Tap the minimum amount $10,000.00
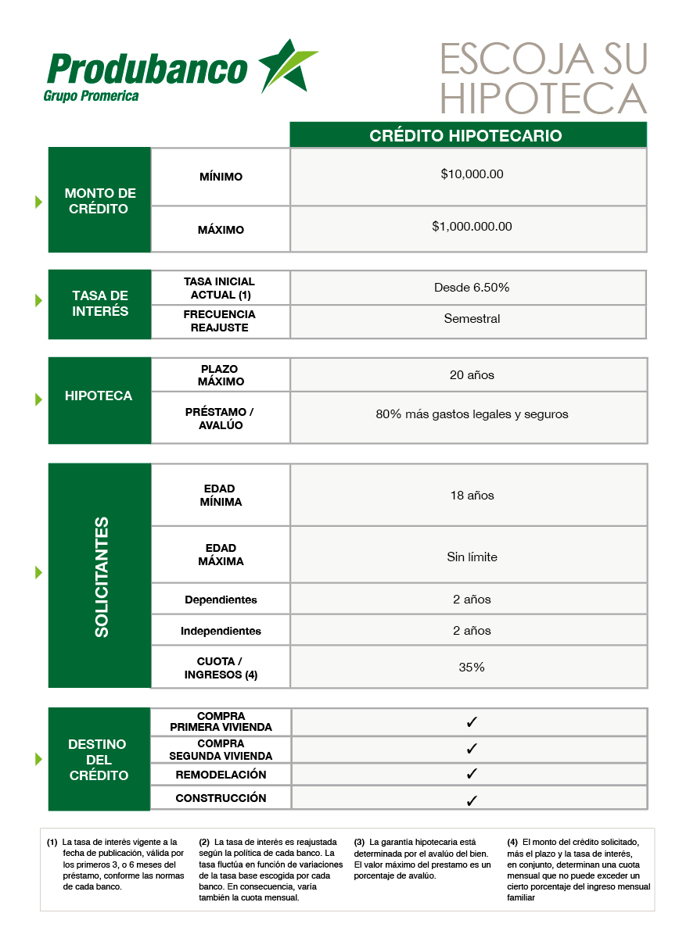tap(472, 174)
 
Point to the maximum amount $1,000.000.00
tap(472, 227)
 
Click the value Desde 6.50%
tap(472, 288)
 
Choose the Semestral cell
tap(472, 319)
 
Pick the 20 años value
tap(472, 375)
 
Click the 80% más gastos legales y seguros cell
tap(472, 414)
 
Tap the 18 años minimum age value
tap(472, 496)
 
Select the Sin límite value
tap(472, 557)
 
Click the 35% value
tap(472, 668)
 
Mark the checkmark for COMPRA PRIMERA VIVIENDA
tap(472, 722)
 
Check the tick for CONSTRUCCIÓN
tap(472, 800)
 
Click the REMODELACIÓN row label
tap(221, 775)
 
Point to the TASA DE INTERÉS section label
tap(100, 303)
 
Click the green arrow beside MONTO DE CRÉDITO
tap(38, 202)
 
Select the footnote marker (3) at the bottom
tap(359, 842)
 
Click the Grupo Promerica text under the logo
tap(92, 96)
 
